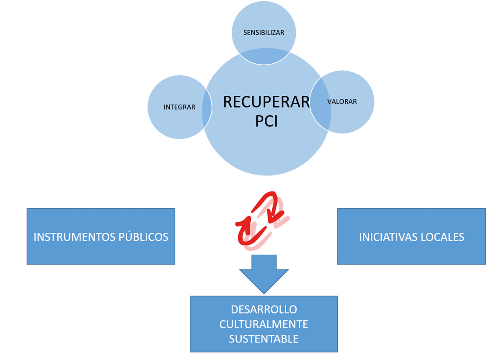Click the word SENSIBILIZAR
pyautogui.click(x=264, y=33)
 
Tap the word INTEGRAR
pyautogui.click(x=179, y=107)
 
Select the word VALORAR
pyautogui.click(x=342, y=101)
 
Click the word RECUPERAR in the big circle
pyautogui.click(x=266, y=102)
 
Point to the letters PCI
pyautogui.click(x=266, y=121)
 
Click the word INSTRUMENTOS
pyautogui.click(x=75, y=237)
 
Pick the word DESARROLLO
pyautogui.click(x=264, y=310)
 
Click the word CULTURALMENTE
pyautogui.click(x=264, y=324)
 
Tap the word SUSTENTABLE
pyautogui.click(x=264, y=339)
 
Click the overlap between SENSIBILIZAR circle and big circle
pyautogui.click(x=264, y=57)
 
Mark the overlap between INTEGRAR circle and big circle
pyautogui.click(x=207, y=107)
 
